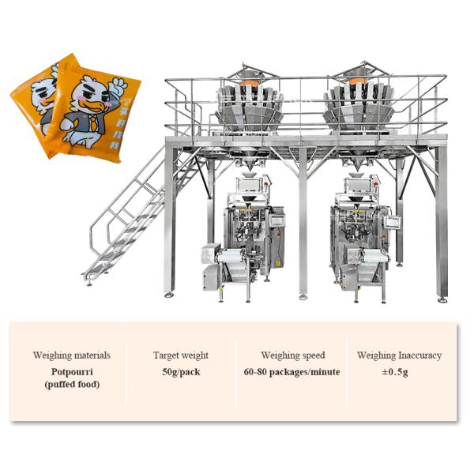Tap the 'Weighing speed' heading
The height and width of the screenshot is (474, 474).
(x=292, y=355)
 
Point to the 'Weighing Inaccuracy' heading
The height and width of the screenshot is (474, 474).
(x=399, y=355)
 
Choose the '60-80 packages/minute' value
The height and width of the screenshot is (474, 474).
(x=292, y=371)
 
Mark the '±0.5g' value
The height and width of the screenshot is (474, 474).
(x=399, y=371)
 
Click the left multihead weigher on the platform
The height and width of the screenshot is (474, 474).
(x=249, y=103)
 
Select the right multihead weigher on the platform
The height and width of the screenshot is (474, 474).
(x=357, y=103)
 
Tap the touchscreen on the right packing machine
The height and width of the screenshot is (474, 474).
(x=392, y=223)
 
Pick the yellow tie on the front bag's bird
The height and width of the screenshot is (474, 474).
(x=92, y=122)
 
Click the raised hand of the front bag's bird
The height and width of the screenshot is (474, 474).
(x=118, y=82)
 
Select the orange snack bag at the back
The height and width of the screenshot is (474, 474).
(x=32, y=95)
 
